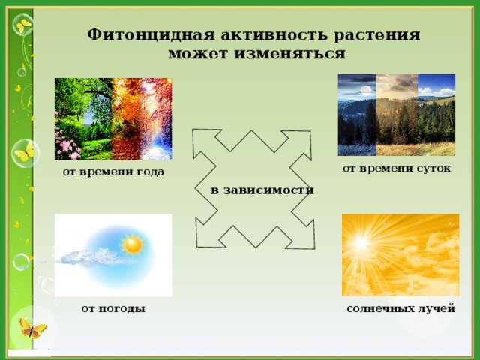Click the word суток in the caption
tap(432, 168)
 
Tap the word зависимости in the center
tap(271, 190)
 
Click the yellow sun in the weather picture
tap(133, 244)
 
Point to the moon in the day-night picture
tap(367, 90)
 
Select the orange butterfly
tap(32, 328)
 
